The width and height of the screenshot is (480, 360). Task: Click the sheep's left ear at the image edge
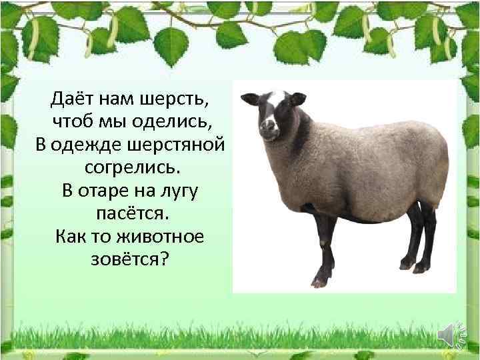[x=250, y=99]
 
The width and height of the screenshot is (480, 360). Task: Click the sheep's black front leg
[x=325, y=247]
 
